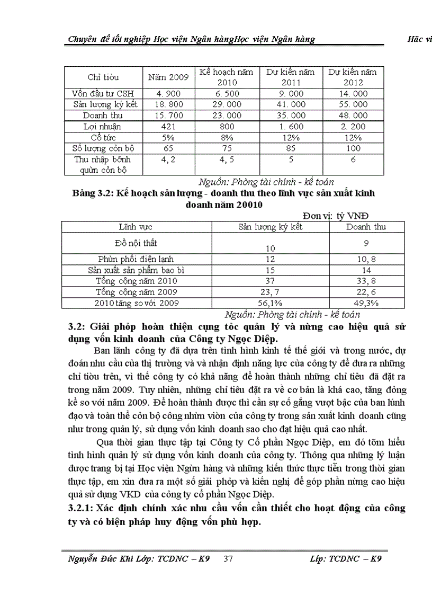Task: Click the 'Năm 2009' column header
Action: tap(168, 77)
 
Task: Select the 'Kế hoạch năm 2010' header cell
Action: tap(226, 77)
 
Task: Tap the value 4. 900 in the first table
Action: tap(168, 94)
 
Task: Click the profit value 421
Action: tap(168, 127)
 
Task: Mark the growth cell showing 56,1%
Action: tap(270, 303)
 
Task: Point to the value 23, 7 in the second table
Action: tap(270, 292)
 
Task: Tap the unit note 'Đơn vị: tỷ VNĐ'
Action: tap(346, 216)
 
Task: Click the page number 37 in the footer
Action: tap(229, 559)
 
